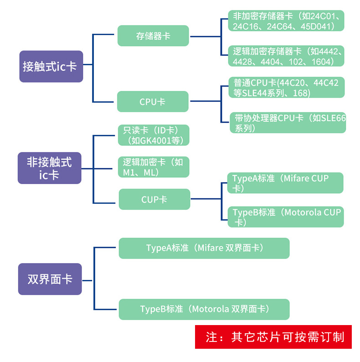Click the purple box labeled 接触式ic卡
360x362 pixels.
(x=51, y=67)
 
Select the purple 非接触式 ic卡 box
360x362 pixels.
(x=49, y=168)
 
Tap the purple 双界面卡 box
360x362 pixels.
(x=50, y=279)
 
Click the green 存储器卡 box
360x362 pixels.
(x=153, y=36)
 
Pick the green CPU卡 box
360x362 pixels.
(x=152, y=102)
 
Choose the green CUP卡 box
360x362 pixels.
(x=154, y=199)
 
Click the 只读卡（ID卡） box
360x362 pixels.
(x=153, y=135)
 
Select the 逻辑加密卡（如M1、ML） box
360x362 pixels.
(x=153, y=167)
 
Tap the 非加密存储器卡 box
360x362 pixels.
(x=286, y=21)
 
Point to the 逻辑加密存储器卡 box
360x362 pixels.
(x=286, y=56)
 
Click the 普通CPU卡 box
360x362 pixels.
(x=287, y=88)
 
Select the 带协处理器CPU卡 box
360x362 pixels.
(x=288, y=123)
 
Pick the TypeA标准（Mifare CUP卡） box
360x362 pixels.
(x=285, y=183)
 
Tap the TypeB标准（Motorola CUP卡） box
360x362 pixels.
(x=286, y=217)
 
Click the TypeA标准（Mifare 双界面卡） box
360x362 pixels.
(x=204, y=248)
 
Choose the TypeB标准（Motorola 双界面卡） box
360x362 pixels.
(x=204, y=309)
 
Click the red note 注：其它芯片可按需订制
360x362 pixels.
(x=273, y=337)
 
